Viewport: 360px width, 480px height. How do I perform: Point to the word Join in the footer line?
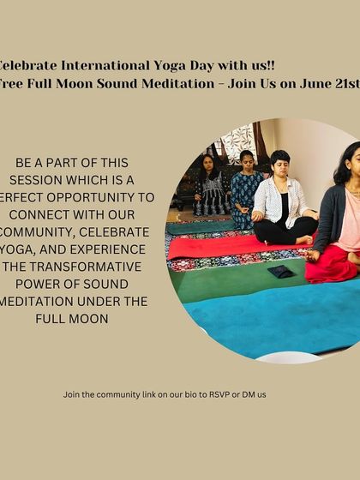pos(72,394)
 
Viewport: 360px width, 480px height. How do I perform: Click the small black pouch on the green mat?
pos(280,272)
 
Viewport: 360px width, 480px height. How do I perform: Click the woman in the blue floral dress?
pos(246,189)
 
